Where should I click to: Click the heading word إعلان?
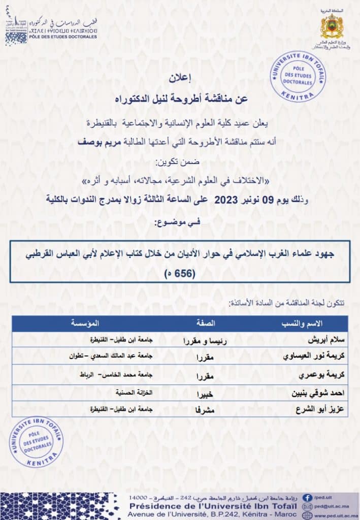click(180, 79)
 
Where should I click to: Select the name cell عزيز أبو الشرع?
click(317, 409)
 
